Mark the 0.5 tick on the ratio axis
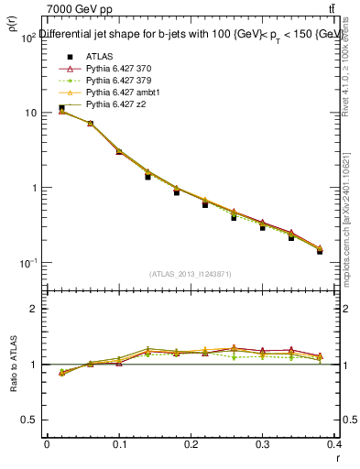pyautogui.click(x=33, y=420)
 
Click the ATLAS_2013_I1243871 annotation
pyautogui.click(x=190, y=274)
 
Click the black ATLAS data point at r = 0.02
pyautogui.click(x=61, y=108)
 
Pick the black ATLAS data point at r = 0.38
pyautogui.click(x=320, y=251)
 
